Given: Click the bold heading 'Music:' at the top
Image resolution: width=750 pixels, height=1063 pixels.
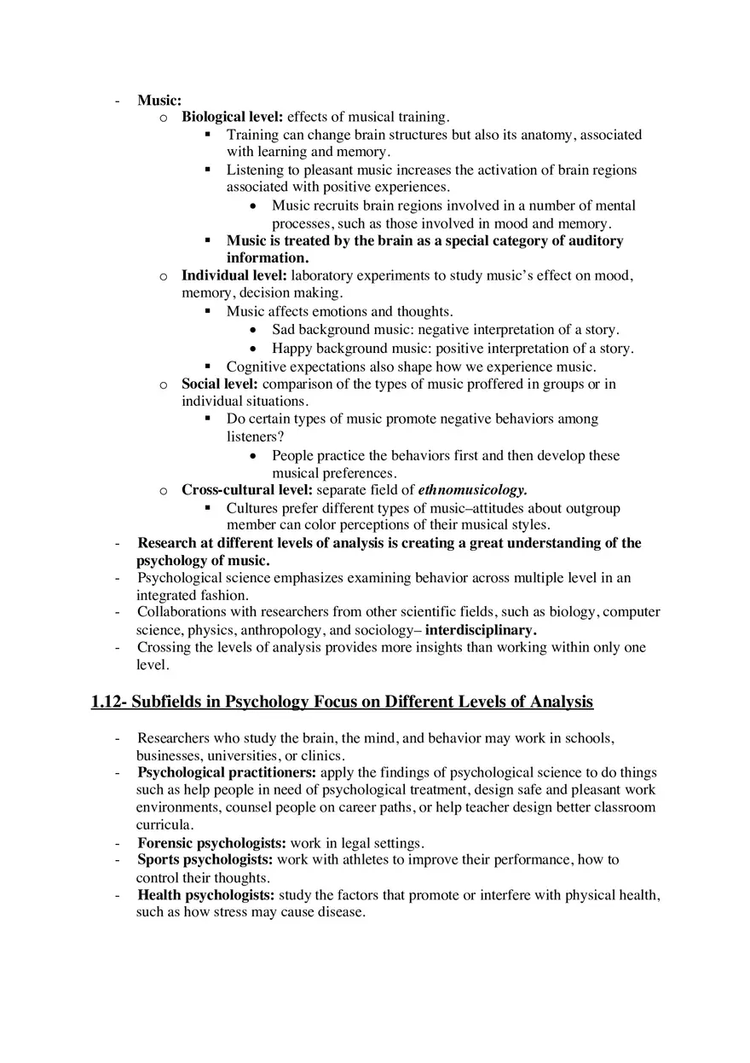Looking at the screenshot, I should tap(159, 100).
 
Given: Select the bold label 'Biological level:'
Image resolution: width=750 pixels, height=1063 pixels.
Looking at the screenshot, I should tap(234, 117).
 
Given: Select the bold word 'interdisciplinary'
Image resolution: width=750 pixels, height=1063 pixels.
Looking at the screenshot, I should tap(481, 630).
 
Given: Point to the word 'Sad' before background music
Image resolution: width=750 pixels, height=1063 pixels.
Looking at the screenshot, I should tap(284, 330).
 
